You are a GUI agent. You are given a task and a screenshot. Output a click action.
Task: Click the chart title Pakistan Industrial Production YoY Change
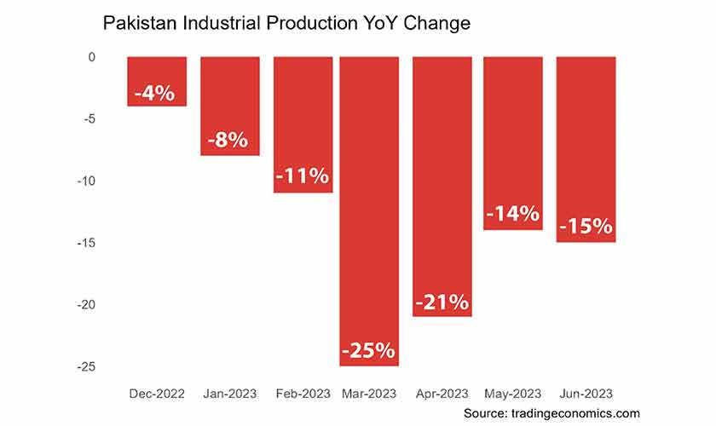click(286, 24)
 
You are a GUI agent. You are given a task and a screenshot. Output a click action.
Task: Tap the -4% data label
click(157, 92)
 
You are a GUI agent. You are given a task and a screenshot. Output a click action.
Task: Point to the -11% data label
click(303, 177)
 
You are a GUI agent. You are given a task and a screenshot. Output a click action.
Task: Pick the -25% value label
click(369, 350)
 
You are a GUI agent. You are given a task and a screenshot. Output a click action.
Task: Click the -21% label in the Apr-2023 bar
click(442, 302)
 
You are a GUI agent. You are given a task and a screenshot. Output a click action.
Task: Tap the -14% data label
click(513, 214)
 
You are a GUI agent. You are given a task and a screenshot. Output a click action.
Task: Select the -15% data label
click(586, 227)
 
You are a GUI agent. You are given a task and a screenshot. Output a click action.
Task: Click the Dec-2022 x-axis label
click(157, 394)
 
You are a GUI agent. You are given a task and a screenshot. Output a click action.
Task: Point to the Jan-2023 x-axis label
click(230, 394)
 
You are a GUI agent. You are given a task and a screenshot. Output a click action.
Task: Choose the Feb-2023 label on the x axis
click(303, 394)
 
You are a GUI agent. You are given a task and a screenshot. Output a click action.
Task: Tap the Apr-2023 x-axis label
click(442, 394)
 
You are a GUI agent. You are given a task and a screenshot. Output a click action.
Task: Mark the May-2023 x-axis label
click(513, 394)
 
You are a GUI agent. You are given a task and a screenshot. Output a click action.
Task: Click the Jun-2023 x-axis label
click(586, 394)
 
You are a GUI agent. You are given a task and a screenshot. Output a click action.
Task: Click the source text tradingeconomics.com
click(552, 412)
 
